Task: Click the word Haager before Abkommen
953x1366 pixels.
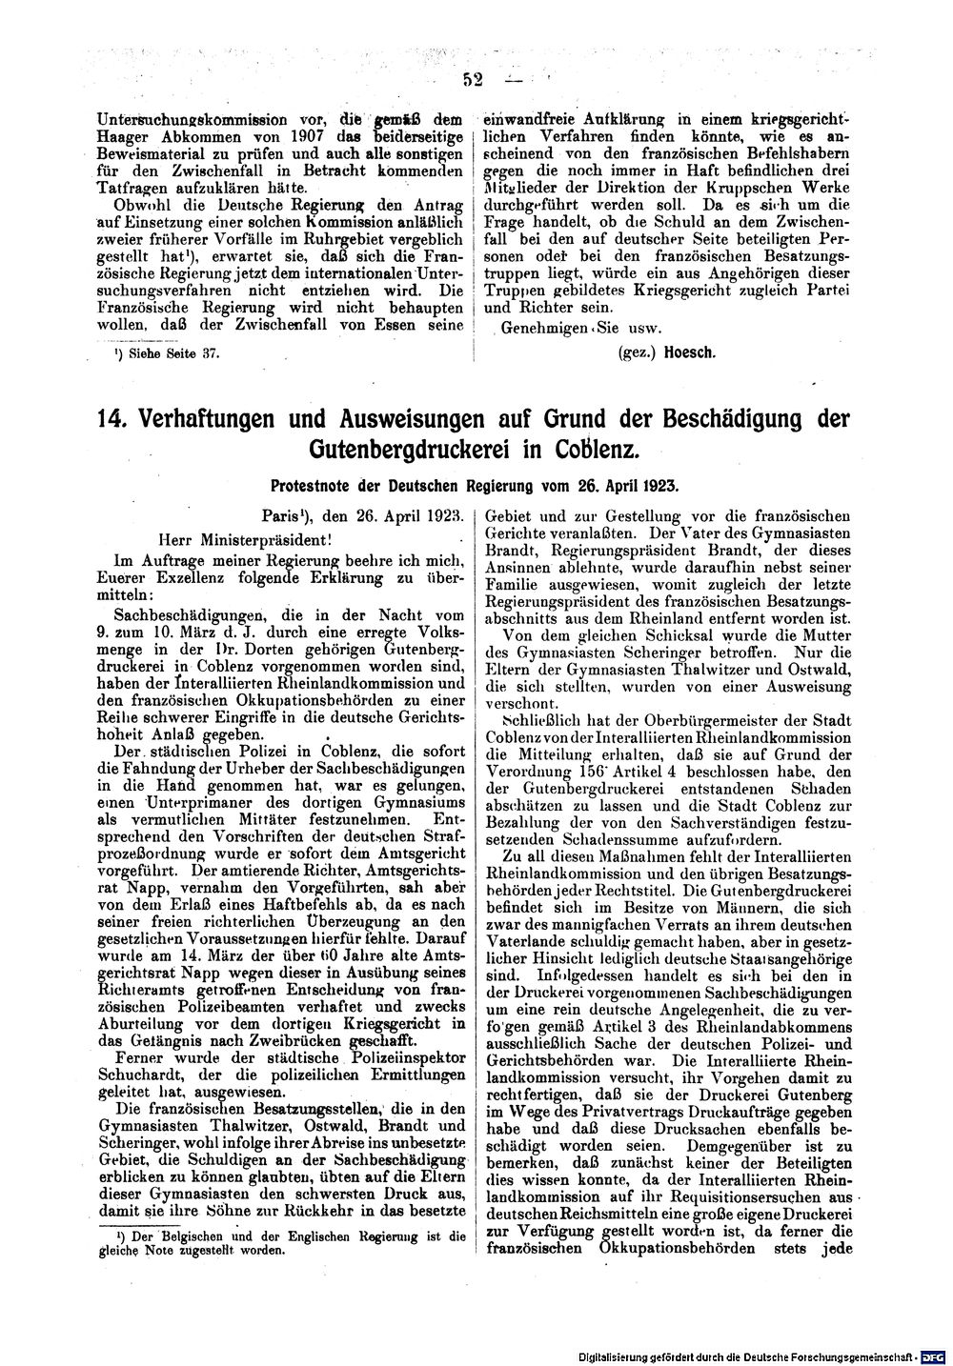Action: click(131, 137)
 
